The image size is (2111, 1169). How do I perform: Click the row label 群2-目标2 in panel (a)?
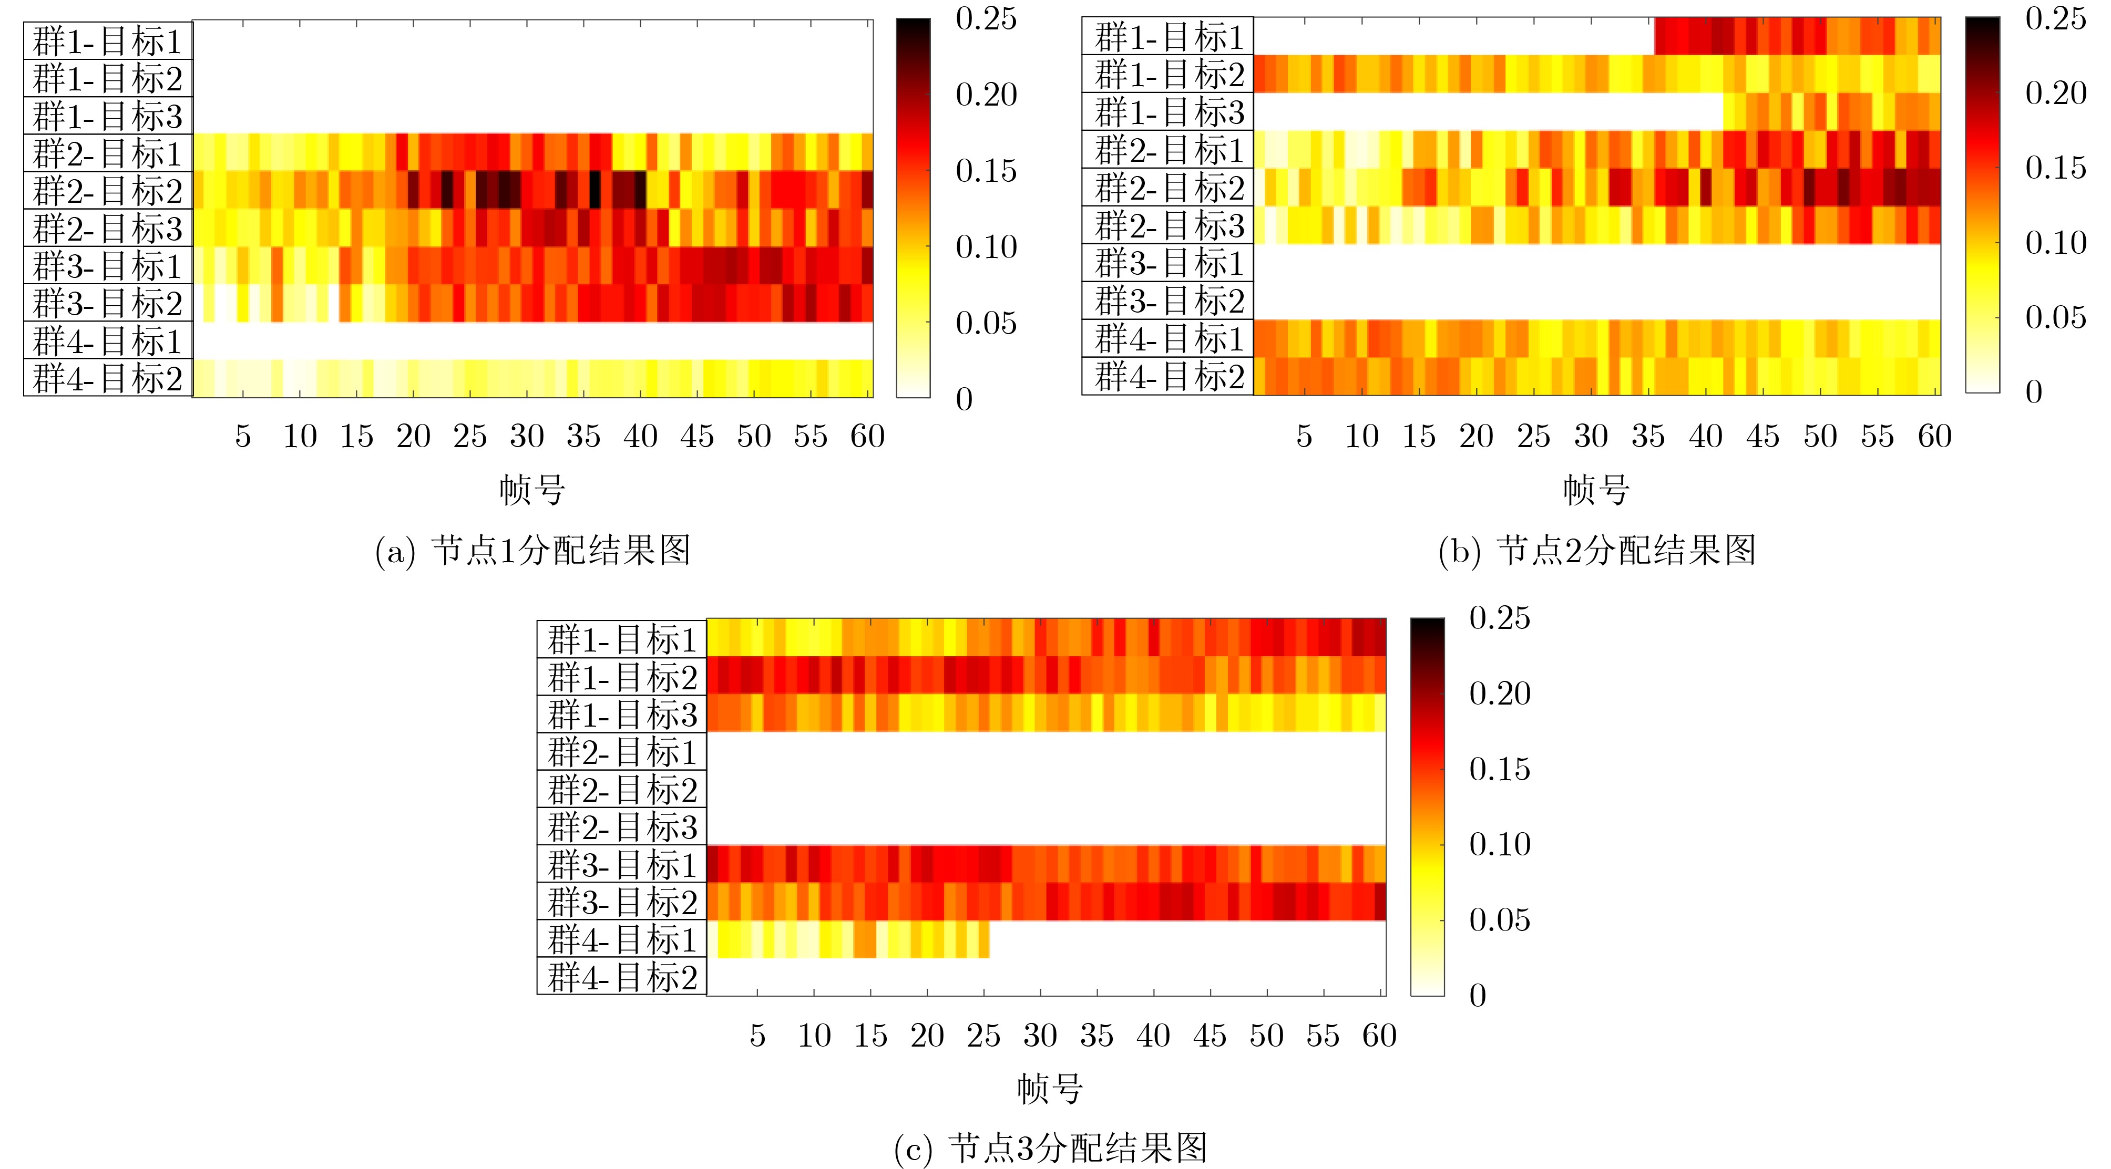click(x=107, y=191)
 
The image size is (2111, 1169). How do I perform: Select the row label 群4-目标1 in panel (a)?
click(x=107, y=341)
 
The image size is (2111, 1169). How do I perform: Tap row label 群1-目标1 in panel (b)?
click(x=1169, y=37)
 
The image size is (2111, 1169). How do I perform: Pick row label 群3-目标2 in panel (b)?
click(x=1169, y=301)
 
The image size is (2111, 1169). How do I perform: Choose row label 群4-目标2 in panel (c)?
click(x=622, y=977)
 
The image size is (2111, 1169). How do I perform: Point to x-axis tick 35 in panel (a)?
click(x=583, y=437)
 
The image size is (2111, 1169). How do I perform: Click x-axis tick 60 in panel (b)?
click(x=1934, y=437)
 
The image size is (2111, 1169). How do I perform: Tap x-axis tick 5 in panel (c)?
click(x=757, y=1036)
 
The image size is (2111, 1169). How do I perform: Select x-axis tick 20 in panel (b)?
click(x=1476, y=437)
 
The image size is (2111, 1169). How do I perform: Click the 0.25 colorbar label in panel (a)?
click(x=986, y=19)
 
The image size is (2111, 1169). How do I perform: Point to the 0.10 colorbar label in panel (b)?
click(x=2055, y=243)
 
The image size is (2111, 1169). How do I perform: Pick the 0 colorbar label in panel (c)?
click(x=1478, y=995)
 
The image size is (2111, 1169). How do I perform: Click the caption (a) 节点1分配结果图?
click(x=532, y=551)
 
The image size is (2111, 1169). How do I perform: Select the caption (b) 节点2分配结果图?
click(x=1596, y=551)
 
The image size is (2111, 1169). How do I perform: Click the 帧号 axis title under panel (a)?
click(x=532, y=490)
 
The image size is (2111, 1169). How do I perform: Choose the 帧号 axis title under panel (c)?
click(x=1050, y=1089)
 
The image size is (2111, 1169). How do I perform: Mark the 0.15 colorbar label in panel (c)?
click(x=1499, y=769)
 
